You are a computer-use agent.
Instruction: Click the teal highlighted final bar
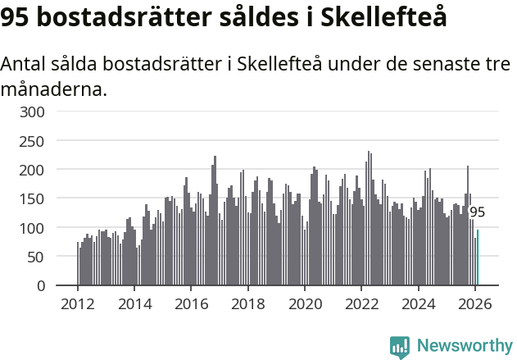(478, 257)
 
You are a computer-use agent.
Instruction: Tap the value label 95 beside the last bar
(477, 212)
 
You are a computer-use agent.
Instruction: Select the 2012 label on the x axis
(78, 303)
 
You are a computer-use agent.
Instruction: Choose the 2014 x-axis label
(134, 303)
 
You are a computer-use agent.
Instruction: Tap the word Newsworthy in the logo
(464, 346)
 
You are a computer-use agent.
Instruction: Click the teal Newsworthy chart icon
(400, 347)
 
